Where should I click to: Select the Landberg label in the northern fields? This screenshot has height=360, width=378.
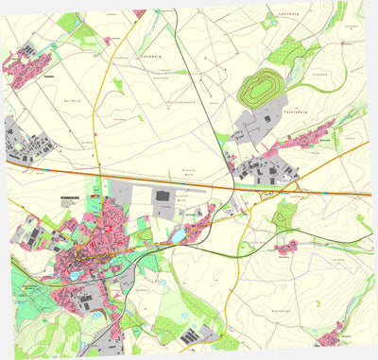(152, 55)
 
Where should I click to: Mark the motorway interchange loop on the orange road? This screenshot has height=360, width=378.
(285, 188)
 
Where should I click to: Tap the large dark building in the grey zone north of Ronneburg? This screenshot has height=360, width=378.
(162, 196)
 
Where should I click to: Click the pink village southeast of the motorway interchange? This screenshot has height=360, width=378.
(285, 245)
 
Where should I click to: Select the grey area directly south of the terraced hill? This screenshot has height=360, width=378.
(248, 124)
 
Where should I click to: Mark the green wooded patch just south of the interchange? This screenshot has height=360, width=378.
(283, 216)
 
